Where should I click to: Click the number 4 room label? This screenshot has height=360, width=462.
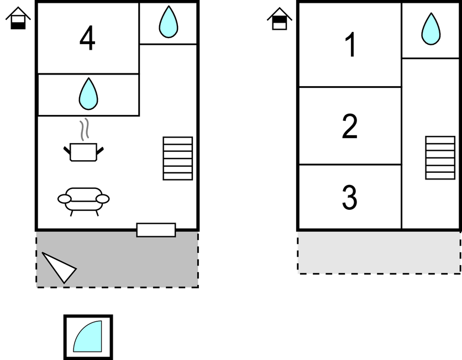point(87,38)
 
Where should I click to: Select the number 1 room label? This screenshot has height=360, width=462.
point(350,45)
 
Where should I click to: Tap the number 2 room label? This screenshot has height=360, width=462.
point(350,126)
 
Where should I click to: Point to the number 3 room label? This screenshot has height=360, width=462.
point(350,197)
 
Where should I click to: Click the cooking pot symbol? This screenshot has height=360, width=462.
point(83,152)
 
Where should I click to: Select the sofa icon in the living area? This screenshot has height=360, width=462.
point(83,202)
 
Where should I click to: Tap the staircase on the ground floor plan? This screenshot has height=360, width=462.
point(177,158)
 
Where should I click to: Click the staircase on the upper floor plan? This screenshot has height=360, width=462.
point(440,157)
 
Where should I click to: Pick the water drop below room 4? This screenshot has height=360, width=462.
point(88,94)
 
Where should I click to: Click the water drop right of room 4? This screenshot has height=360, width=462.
point(169,22)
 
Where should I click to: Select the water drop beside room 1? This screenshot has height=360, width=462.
point(431,29)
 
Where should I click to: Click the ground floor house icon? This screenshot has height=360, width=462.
point(18,18)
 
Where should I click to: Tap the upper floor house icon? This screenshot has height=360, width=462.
point(280,19)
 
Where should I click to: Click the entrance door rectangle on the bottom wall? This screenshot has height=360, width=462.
point(156,230)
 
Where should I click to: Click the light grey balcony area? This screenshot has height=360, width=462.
point(379,252)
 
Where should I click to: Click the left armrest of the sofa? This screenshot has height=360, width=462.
point(64,199)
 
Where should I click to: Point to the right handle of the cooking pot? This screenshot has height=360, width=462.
point(100,151)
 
